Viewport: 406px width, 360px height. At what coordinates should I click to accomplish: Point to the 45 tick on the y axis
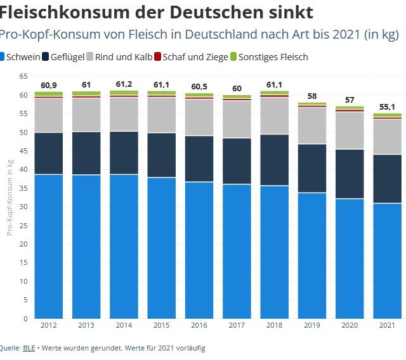23,151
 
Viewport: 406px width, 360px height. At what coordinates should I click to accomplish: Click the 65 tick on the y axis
23,76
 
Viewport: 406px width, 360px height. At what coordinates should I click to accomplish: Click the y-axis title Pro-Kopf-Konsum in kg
10,196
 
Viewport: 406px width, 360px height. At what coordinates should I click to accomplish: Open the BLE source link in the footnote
29,348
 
